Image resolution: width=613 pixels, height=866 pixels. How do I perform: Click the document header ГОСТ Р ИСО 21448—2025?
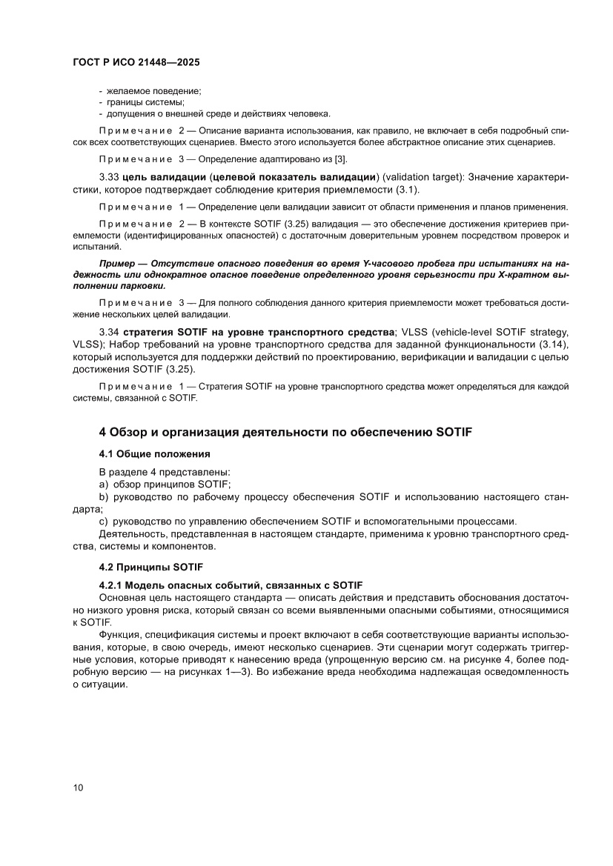click(136, 64)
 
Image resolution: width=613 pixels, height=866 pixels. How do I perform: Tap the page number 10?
click(79, 787)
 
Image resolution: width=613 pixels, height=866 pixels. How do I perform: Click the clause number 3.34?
click(109, 330)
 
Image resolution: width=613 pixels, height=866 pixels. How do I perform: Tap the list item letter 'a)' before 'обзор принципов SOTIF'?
click(104, 484)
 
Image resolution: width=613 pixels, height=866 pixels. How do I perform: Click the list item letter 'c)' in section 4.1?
click(104, 521)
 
